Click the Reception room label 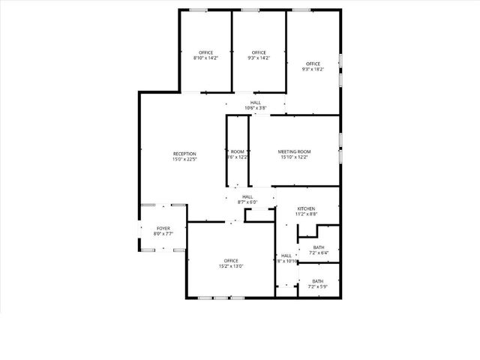point(184,154)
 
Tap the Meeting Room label point(295,152)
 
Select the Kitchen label point(306,208)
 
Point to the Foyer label point(163,228)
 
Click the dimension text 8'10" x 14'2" point(205,58)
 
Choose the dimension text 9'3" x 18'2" point(313,69)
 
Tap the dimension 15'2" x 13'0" point(231,266)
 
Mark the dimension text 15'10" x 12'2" point(295,157)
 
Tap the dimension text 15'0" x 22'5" point(184,159)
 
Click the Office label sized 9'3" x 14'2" point(259,52)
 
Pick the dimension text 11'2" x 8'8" point(306,214)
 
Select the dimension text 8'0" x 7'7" point(163,233)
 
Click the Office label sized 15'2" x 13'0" point(231,261)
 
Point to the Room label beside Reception point(238,152)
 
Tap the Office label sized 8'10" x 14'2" point(205,52)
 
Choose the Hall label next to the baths point(286,255)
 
